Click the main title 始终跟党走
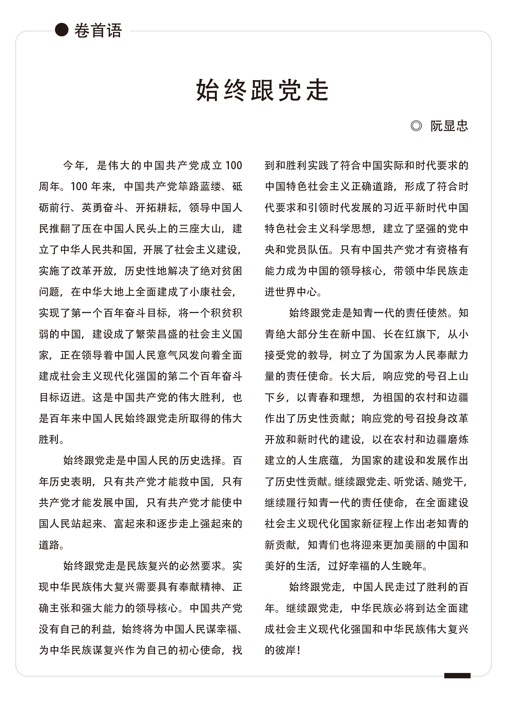262,90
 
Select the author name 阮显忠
449,126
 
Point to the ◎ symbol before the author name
416,126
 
